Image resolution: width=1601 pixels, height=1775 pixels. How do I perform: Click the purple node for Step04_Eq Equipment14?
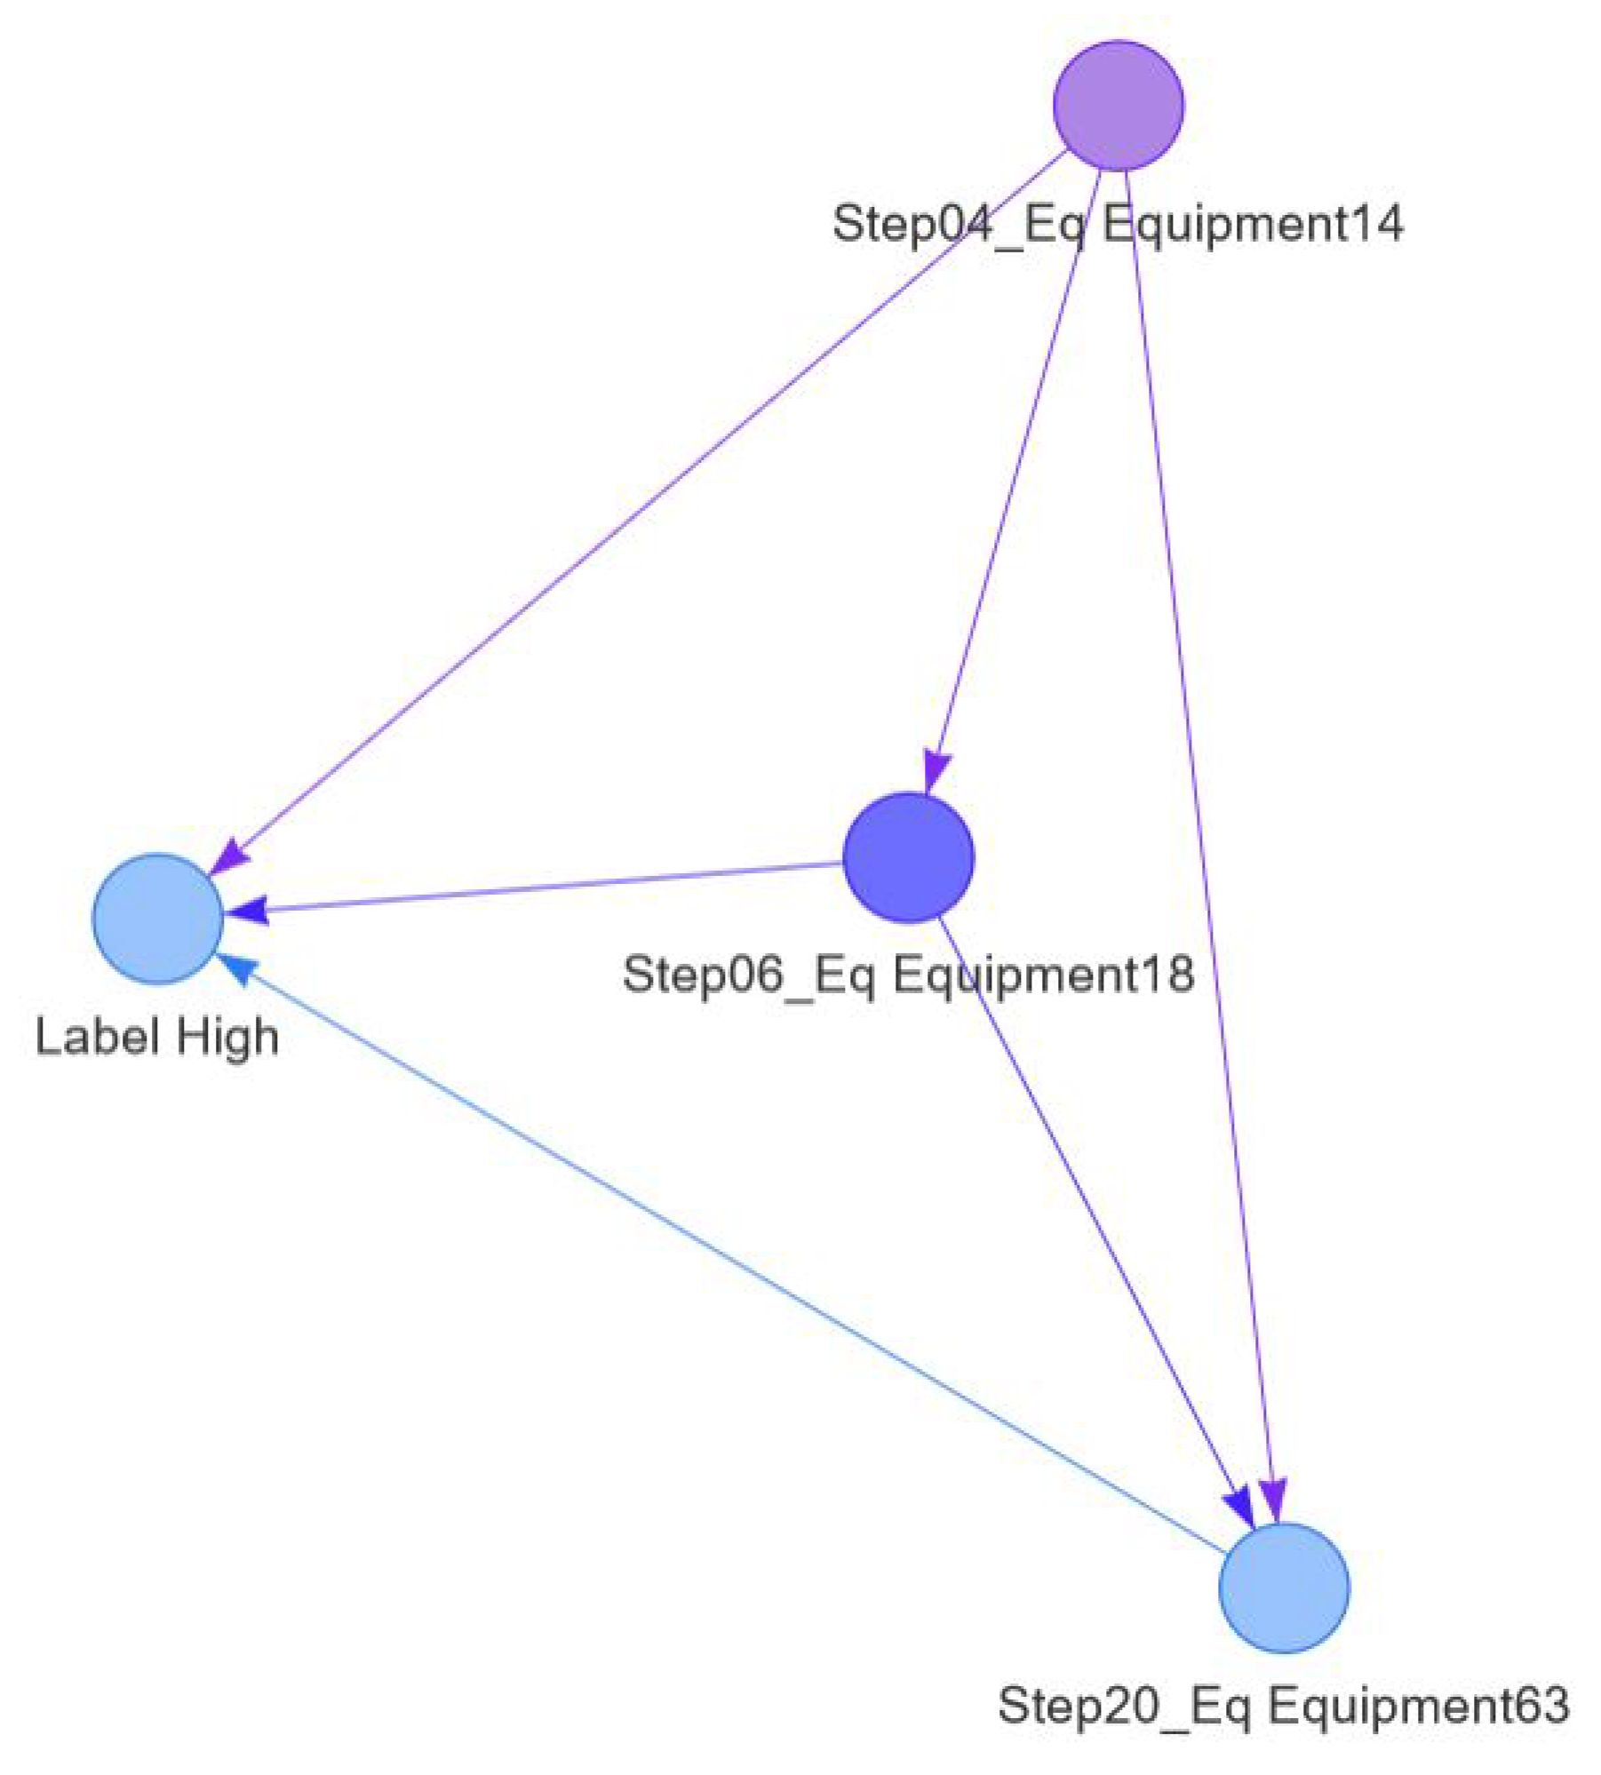[x=1118, y=105]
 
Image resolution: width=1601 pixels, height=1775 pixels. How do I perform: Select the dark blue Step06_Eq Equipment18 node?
[x=908, y=857]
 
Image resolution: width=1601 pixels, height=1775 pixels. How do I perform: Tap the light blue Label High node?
[x=157, y=919]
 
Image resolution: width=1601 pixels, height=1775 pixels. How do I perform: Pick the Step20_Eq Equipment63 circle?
[x=1283, y=1588]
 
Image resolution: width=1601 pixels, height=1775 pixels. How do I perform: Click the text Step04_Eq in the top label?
[x=957, y=223]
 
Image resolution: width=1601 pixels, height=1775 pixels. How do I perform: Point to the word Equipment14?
[x=1253, y=223]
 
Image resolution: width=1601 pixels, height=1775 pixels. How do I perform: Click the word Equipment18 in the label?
[x=1043, y=975]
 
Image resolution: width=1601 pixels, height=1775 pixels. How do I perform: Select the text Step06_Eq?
[x=748, y=975]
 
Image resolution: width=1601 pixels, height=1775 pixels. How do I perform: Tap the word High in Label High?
[x=227, y=1038]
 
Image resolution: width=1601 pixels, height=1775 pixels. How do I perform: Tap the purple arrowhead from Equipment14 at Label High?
[x=230, y=856]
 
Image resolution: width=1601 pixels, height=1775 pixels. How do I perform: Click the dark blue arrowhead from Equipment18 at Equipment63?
[x=1239, y=1507]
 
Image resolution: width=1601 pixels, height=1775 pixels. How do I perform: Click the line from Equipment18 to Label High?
[x=551, y=886]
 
